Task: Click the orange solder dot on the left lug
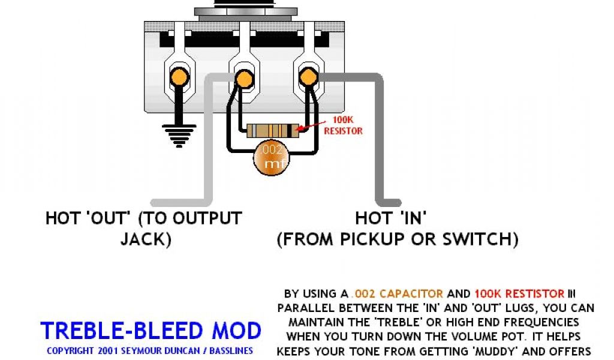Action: [179, 77]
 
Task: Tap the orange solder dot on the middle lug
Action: [243, 77]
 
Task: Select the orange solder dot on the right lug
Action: [308, 76]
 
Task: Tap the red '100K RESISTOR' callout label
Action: [343, 125]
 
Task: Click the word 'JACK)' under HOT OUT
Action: [146, 239]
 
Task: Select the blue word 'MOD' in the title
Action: [238, 331]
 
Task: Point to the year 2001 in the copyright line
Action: [106, 350]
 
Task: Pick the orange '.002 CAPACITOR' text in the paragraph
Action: [398, 294]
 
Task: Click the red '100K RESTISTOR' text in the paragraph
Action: [519, 294]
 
